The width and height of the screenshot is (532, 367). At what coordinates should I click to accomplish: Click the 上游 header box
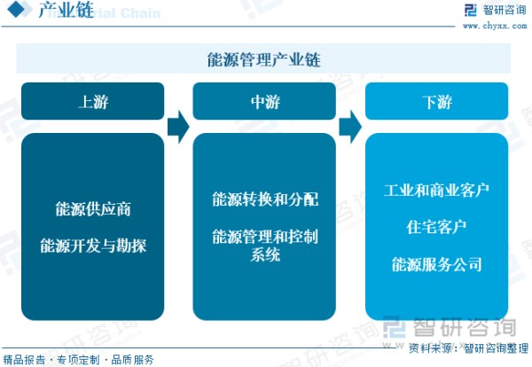click(x=92, y=101)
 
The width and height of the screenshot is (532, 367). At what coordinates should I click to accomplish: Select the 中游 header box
click(x=264, y=101)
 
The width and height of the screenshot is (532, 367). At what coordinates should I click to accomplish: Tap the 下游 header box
click(x=436, y=101)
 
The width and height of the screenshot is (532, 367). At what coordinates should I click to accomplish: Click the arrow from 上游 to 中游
click(x=178, y=127)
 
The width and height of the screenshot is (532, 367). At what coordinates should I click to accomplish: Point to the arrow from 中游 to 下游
click(x=350, y=127)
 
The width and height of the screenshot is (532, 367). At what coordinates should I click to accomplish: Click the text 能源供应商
click(x=93, y=209)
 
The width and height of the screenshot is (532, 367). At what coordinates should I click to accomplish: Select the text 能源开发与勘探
click(x=93, y=246)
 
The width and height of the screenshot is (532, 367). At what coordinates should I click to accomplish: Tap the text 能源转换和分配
click(x=265, y=199)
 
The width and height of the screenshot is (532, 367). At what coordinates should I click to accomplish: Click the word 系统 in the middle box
click(x=265, y=254)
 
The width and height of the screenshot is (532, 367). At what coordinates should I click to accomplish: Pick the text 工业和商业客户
click(x=436, y=191)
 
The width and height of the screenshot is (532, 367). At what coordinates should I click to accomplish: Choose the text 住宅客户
click(x=436, y=227)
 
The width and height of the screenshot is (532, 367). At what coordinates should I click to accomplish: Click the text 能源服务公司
click(x=436, y=264)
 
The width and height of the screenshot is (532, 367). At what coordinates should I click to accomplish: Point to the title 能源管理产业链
click(x=264, y=59)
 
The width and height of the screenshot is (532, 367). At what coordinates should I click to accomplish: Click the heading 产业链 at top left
click(x=66, y=10)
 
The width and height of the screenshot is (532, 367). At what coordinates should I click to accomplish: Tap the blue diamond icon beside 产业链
click(x=17, y=10)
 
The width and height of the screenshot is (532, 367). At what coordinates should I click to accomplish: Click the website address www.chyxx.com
click(x=495, y=26)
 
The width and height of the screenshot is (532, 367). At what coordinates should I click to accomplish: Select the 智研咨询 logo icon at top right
click(x=470, y=10)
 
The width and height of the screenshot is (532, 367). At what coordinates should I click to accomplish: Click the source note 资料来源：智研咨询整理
click(x=468, y=348)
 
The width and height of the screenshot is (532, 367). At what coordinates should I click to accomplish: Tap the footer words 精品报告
click(x=24, y=360)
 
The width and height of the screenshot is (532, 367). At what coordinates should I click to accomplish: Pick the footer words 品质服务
click(x=133, y=360)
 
